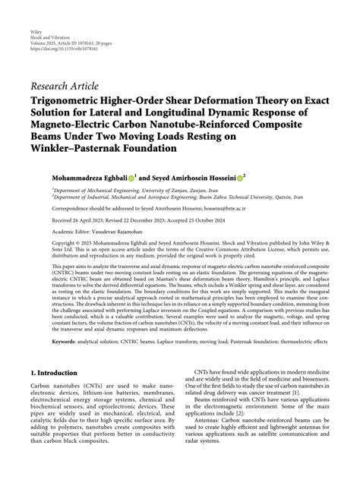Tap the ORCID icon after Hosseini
click(241, 178)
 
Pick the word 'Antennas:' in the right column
click(210, 441)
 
